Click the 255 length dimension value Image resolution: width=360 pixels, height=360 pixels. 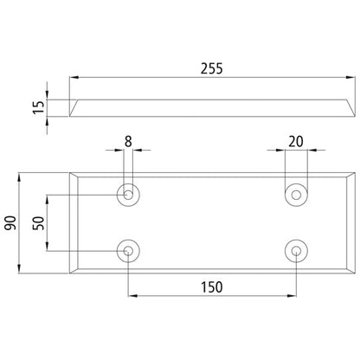(209, 70)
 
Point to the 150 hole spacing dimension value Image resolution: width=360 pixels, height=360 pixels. (213, 286)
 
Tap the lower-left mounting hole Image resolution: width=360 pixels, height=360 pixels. (128, 252)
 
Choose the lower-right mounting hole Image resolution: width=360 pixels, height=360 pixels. (298, 252)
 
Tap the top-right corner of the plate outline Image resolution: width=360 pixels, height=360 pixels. (353, 171)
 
